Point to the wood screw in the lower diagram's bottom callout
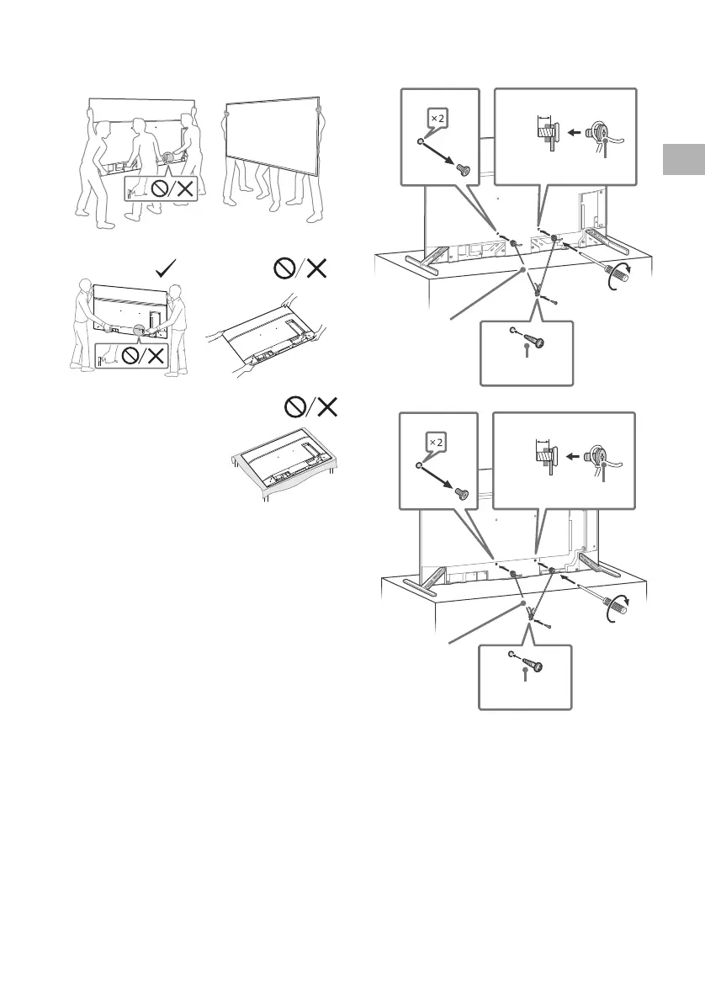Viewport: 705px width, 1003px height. coord(533,665)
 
